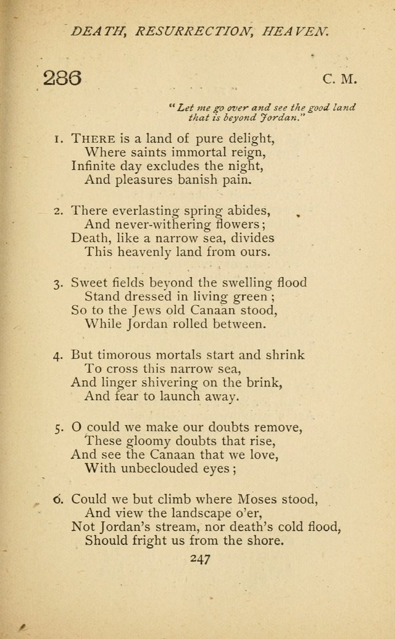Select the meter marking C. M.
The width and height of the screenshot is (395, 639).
(339, 79)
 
